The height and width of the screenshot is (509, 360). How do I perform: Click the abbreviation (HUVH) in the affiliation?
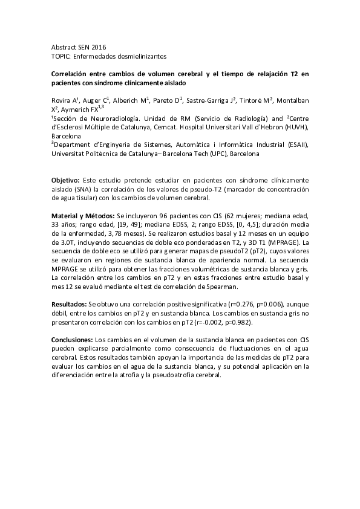[x=295, y=128]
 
